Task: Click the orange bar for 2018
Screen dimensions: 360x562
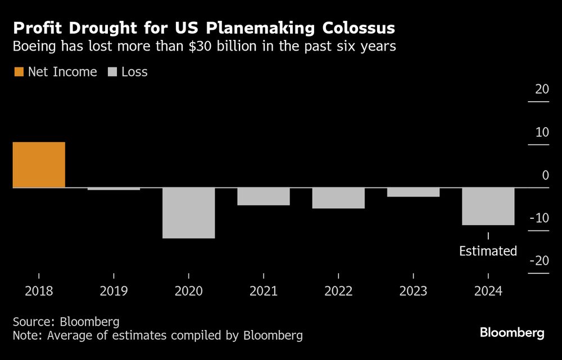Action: pos(39,165)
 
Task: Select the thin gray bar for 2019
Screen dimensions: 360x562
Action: pos(114,189)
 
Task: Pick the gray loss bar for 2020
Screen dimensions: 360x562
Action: pos(188,213)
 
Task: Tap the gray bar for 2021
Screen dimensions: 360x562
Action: pos(263,196)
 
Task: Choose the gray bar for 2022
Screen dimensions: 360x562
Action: pos(338,198)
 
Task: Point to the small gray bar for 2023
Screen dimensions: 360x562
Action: pos(413,192)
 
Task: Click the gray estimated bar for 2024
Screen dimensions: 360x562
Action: pos(488,206)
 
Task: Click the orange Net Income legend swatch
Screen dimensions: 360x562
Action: pos(19,72)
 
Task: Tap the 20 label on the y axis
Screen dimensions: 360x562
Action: pos(542,89)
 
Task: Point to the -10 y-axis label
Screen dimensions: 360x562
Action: pos(540,218)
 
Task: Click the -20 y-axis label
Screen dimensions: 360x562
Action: pos(540,261)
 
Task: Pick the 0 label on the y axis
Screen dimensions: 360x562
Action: pos(545,175)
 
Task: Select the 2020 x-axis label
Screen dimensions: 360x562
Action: pos(188,291)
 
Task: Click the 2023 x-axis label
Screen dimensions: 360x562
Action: pos(413,291)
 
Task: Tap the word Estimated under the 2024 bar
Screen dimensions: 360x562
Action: pos(488,251)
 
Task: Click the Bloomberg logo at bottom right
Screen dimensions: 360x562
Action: pos(512,333)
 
